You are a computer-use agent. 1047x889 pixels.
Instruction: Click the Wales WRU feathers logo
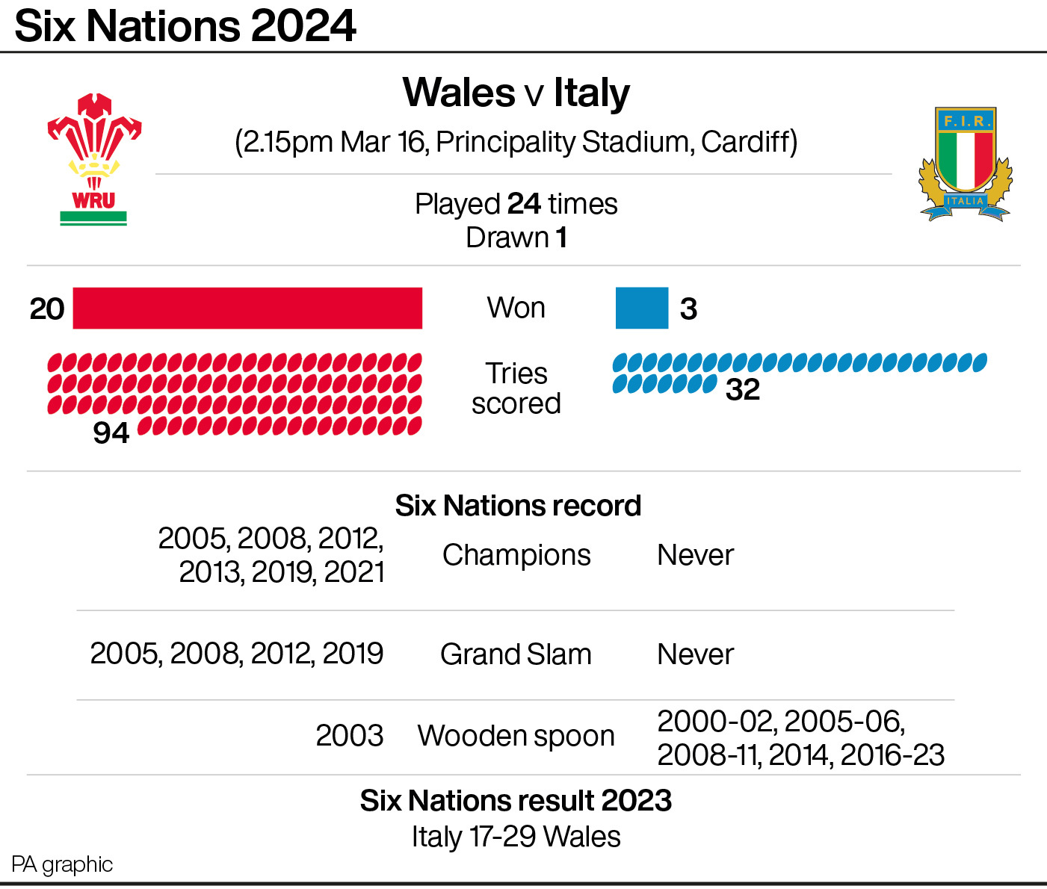(x=94, y=158)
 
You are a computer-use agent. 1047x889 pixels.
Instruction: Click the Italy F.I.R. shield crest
(x=966, y=164)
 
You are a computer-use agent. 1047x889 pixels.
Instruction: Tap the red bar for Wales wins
(x=247, y=308)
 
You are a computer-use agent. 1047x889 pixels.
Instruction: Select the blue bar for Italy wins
(x=641, y=308)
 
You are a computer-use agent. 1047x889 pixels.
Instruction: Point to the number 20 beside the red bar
(x=47, y=309)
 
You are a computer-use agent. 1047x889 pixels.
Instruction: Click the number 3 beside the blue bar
(x=688, y=309)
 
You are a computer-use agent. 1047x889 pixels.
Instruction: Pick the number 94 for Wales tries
(x=111, y=433)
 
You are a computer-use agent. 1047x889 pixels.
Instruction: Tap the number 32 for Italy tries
(x=742, y=389)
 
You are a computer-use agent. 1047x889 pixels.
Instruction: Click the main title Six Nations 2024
(x=185, y=26)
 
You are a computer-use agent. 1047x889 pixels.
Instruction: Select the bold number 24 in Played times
(x=523, y=204)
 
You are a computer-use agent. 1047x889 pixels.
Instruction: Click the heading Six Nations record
(x=517, y=506)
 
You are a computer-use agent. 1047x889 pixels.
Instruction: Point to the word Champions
(x=516, y=555)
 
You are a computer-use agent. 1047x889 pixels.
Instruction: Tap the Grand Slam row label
(x=516, y=654)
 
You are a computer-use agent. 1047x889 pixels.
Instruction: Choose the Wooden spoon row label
(x=516, y=736)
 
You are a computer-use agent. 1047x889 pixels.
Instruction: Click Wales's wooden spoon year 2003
(x=349, y=736)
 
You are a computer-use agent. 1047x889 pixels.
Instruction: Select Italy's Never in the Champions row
(x=695, y=555)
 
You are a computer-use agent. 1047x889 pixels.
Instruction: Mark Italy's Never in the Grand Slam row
(x=695, y=654)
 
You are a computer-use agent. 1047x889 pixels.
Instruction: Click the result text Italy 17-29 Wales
(x=516, y=837)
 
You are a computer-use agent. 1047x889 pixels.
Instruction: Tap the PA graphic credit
(x=62, y=864)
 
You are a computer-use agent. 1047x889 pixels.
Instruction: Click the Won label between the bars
(x=516, y=308)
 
